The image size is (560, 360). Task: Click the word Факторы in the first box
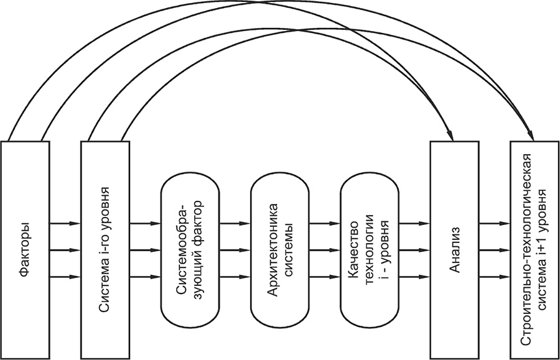[x=25, y=250]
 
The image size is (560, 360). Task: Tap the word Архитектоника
[x=274, y=250]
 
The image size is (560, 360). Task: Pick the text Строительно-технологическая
[x=528, y=250]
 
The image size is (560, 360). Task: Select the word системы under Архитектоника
[x=289, y=249]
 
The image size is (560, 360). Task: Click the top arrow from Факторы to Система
[x=64, y=223]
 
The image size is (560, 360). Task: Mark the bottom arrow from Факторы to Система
[x=64, y=277]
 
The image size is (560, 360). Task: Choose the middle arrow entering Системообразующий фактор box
[x=144, y=250]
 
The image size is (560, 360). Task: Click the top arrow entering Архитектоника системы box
[x=235, y=223]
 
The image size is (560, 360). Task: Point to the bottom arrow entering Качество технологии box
[x=325, y=277]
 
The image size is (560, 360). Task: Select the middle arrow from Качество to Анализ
[x=414, y=250]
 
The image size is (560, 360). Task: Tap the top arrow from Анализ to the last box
[x=495, y=223]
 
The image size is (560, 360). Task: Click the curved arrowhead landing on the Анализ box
[x=450, y=135]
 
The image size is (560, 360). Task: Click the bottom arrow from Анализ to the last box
[x=495, y=277]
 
